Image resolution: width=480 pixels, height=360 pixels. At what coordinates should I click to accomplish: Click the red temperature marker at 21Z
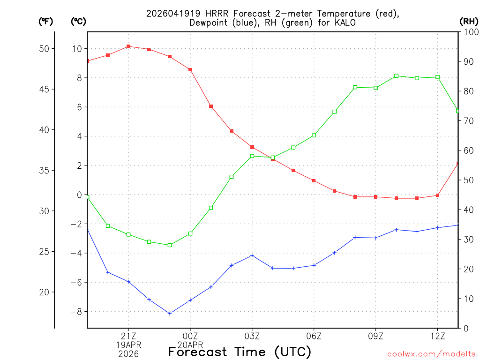pyautogui.click(x=128, y=46)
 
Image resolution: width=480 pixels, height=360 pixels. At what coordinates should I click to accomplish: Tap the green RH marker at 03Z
pyautogui.click(x=252, y=156)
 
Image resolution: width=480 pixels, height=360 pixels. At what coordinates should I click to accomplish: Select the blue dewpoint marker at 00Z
pyautogui.click(x=190, y=300)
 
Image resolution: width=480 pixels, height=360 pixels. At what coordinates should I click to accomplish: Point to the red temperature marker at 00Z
pyautogui.click(x=190, y=69)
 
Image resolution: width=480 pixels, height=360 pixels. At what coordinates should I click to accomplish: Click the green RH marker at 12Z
pyautogui.click(x=437, y=77)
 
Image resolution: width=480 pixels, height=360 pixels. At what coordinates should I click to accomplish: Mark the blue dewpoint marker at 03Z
pyautogui.click(x=252, y=255)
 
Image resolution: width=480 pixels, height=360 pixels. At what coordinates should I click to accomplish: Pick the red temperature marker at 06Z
pyautogui.click(x=314, y=180)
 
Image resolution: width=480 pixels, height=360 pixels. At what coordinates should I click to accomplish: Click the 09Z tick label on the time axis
pyautogui.click(x=375, y=336)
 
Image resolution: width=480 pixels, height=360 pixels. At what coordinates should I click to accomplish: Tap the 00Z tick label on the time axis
pyautogui.click(x=190, y=336)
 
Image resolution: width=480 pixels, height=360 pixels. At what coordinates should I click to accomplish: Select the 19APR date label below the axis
pyautogui.click(x=128, y=345)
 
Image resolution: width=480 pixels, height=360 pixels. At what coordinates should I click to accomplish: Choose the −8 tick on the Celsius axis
pyautogui.click(x=75, y=312)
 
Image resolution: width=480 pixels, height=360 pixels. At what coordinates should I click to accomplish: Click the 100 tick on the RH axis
pyautogui.click(x=470, y=32)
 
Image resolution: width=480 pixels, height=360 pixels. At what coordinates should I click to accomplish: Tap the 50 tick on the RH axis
pyautogui.click(x=468, y=180)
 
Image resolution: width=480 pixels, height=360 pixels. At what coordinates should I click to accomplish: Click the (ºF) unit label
pyautogui.click(x=46, y=21)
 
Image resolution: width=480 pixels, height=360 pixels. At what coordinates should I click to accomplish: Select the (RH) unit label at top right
pyautogui.click(x=469, y=21)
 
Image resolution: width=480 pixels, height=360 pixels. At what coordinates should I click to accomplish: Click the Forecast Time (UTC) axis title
pyautogui.click(x=240, y=352)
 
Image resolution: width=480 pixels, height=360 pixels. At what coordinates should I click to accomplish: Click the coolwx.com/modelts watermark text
pyautogui.click(x=431, y=354)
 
